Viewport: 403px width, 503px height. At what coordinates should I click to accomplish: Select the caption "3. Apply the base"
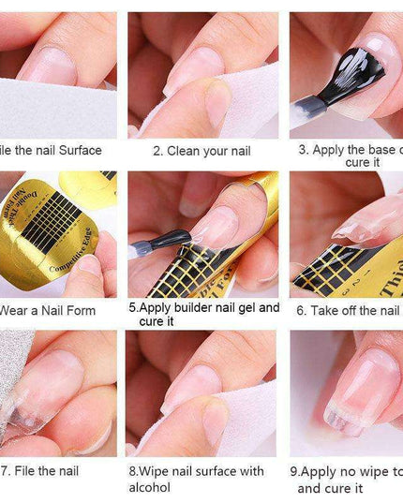pos(351,150)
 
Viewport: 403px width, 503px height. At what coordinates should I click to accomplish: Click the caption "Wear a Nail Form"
pos(48,310)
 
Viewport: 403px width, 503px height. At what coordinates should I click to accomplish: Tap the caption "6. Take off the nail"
pos(349,310)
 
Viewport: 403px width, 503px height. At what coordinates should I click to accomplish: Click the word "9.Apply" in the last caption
pos(314,472)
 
